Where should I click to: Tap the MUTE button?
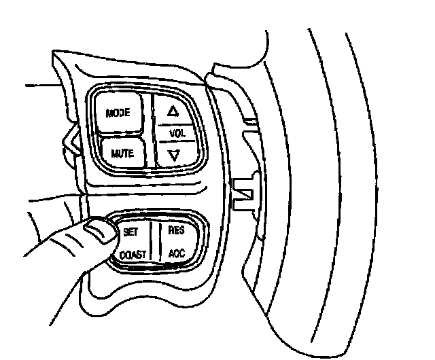coord(122,153)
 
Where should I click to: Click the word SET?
coord(131,231)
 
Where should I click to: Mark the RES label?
coord(176,230)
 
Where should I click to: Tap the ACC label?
coord(176,255)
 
